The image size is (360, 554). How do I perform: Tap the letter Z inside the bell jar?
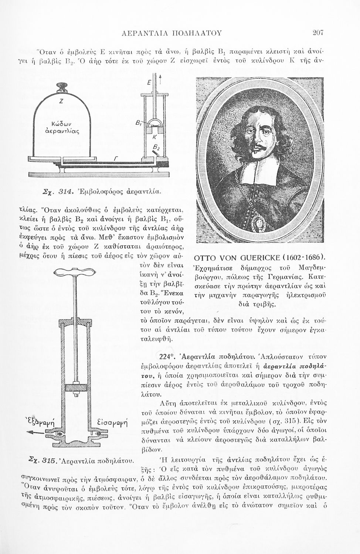point(61,102)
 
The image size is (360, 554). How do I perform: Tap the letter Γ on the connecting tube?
point(116,158)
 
